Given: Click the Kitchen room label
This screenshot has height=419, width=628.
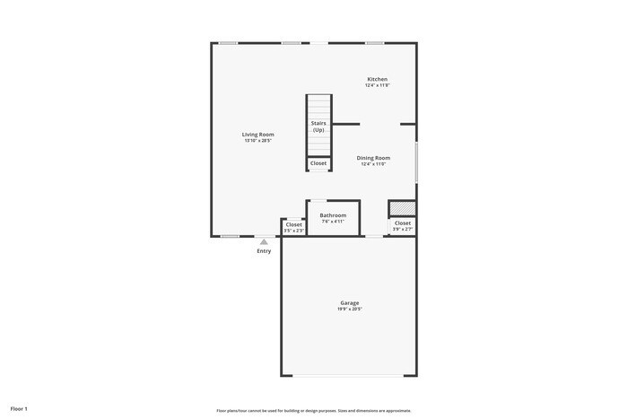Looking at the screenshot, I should (377, 79).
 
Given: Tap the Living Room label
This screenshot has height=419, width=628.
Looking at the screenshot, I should (257, 135).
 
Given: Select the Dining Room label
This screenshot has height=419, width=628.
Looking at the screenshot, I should (373, 158).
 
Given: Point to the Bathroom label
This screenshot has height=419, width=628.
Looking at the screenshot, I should (333, 215).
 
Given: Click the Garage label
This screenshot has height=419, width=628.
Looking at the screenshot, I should (349, 303).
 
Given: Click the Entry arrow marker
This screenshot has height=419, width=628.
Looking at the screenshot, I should (264, 241).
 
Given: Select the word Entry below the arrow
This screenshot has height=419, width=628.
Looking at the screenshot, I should (264, 251).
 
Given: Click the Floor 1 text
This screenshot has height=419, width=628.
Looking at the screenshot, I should (19, 409).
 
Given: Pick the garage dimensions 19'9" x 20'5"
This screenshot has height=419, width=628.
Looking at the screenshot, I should (349, 310).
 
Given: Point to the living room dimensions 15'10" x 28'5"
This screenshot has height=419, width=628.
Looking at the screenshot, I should (257, 141).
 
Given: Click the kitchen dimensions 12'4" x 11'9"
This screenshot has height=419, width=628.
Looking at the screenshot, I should (377, 85).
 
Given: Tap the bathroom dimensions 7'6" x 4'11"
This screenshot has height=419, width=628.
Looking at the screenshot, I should (333, 222).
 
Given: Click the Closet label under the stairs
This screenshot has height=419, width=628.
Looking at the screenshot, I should (318, 163).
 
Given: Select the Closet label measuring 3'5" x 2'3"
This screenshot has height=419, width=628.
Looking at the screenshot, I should (294, 224).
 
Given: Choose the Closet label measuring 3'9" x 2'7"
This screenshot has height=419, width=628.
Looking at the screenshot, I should (403, 223).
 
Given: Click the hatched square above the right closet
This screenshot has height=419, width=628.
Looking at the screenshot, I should (403, 208).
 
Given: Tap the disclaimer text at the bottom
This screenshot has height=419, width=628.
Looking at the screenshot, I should (313, 410).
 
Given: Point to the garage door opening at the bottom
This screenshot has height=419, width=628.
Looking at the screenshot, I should (349, 376).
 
